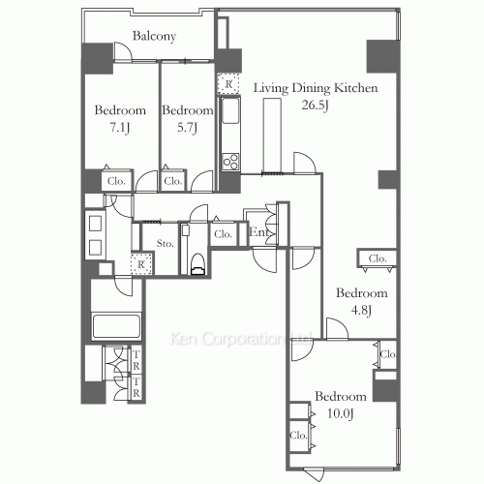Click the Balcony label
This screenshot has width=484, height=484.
point(153,37)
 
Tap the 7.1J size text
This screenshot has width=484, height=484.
point(119,127)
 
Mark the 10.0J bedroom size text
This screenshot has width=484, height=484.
point(341,413)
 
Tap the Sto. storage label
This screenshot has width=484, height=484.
point(164,242)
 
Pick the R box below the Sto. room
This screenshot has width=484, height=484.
point(141,263)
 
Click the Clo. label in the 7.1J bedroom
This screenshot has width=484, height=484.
point(116,181)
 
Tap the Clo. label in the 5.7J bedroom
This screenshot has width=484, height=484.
point(173,181)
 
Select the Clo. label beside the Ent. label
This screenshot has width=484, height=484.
point(223,233)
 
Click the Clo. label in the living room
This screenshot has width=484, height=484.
point(377,257)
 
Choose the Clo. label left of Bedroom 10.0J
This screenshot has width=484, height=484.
point(298,436)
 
